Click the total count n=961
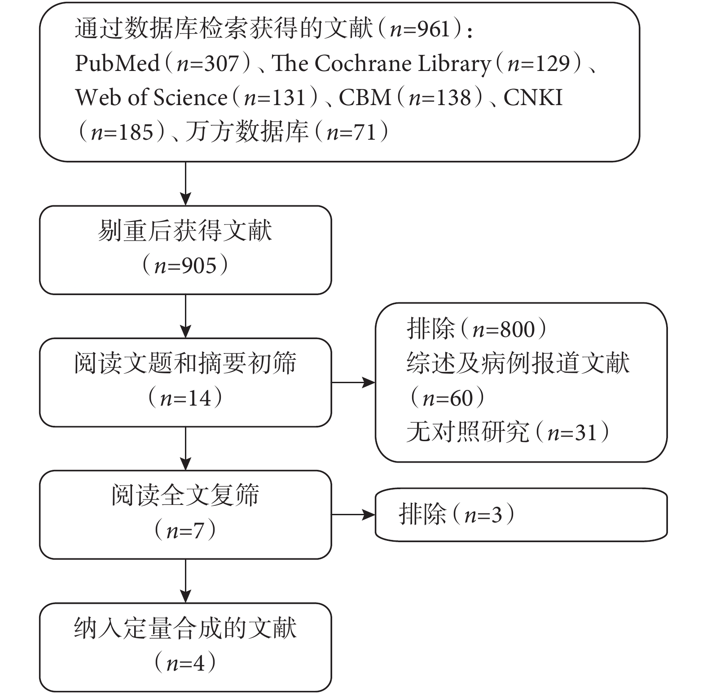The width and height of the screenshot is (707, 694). [420, 29]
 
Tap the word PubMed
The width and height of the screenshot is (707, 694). [117, 63]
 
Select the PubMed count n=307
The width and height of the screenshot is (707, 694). [207, 63]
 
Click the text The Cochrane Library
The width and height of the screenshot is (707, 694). [381, 63]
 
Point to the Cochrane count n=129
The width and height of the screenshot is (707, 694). [538, 63]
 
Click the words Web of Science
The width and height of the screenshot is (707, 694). [151, 97]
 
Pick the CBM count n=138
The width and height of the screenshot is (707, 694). [440, 97]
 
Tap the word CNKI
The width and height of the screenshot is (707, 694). [533, 97]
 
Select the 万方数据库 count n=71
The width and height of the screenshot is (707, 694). [351, 132]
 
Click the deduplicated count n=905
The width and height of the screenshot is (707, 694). [185, 265]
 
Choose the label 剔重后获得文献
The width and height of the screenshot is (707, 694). [185, 231]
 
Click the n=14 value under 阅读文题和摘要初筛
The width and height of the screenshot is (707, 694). [185, 398]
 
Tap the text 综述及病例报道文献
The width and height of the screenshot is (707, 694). [518, 363]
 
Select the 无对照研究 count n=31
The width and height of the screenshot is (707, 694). [572, 433]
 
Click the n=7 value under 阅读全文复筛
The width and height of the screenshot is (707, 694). [185, 530]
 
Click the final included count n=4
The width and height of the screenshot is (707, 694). [185, 663]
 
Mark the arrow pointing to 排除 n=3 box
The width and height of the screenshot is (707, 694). [353, 515]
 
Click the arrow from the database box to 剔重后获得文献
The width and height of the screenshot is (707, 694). [185, 183]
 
